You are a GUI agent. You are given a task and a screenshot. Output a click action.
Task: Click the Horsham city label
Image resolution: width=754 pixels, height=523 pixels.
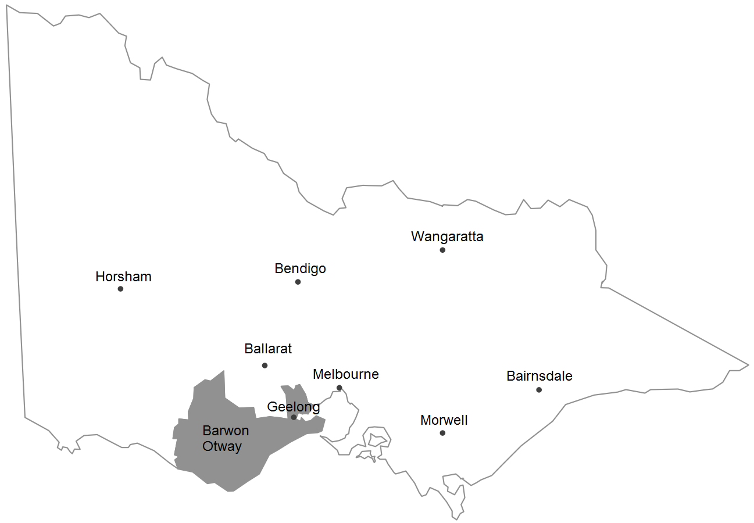[x=123, y=277]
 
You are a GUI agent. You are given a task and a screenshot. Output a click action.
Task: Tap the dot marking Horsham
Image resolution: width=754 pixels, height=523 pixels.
[x=120, y=289]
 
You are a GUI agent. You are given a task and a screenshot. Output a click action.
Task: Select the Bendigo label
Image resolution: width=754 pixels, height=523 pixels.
[x=300, y=268]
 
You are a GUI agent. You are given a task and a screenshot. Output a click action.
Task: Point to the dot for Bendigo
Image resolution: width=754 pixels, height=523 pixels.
[x=298, y=282]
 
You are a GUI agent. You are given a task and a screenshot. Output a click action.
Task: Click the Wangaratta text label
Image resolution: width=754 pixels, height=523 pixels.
[x=447, y=237]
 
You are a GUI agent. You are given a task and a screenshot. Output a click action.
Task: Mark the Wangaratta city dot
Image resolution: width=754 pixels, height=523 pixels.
[x=442, y=250]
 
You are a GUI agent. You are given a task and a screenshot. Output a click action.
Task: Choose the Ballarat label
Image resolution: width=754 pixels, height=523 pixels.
[x=268, y=349]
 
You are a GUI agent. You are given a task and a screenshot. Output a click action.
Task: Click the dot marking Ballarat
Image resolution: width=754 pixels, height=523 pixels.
[x=265, y=366]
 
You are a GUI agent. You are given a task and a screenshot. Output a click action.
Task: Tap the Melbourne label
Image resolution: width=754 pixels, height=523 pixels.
[x=345, y=374]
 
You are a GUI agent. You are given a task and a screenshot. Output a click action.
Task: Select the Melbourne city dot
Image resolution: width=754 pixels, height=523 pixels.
[x=339, y=388]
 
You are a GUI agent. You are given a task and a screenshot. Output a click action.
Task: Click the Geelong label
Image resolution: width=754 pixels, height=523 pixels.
[x=293, y=407]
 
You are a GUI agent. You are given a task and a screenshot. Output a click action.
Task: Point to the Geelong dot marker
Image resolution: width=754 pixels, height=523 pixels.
[x=294, y=417]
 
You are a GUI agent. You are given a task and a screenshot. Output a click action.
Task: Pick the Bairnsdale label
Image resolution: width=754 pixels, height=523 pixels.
[x=539, y=376]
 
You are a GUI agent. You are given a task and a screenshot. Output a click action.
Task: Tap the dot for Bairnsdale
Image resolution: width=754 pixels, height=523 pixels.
[x=539, y=390]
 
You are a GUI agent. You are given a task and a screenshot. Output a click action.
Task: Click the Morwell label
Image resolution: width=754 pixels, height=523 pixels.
[x=444, y=420]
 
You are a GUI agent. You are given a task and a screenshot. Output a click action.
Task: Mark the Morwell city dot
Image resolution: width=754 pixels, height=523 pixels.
[x=442, y=433]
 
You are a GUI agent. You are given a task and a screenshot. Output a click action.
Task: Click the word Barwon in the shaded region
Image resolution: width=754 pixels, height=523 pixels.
[x=226, y=431]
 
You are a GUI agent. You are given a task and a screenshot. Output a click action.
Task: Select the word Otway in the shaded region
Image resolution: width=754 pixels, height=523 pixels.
[x=221, y=446]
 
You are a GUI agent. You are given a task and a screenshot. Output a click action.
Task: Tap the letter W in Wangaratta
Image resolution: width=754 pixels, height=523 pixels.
[x=416, y=237]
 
